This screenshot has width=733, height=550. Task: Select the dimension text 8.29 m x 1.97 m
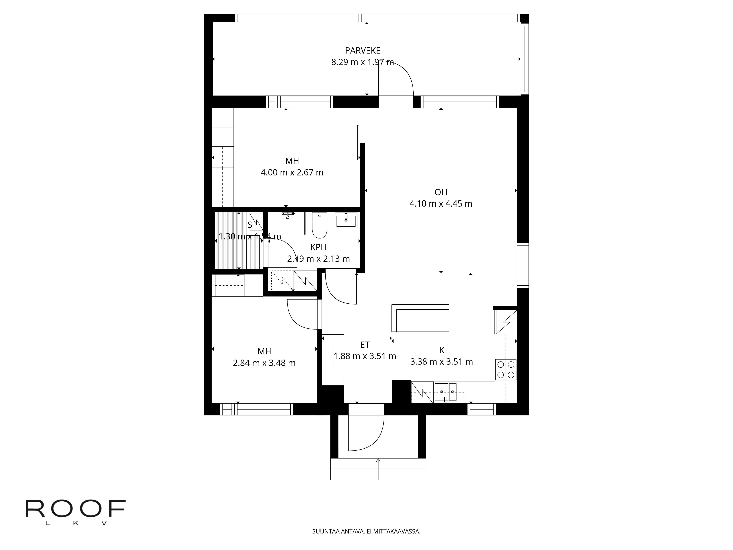tap(362, 62)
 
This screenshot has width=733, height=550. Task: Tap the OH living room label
tap(441, 192)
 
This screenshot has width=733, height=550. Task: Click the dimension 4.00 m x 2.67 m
tap(292, 172)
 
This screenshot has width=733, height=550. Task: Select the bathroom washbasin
tap(346, 220)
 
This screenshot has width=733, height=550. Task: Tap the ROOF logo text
tap(75, 509)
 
